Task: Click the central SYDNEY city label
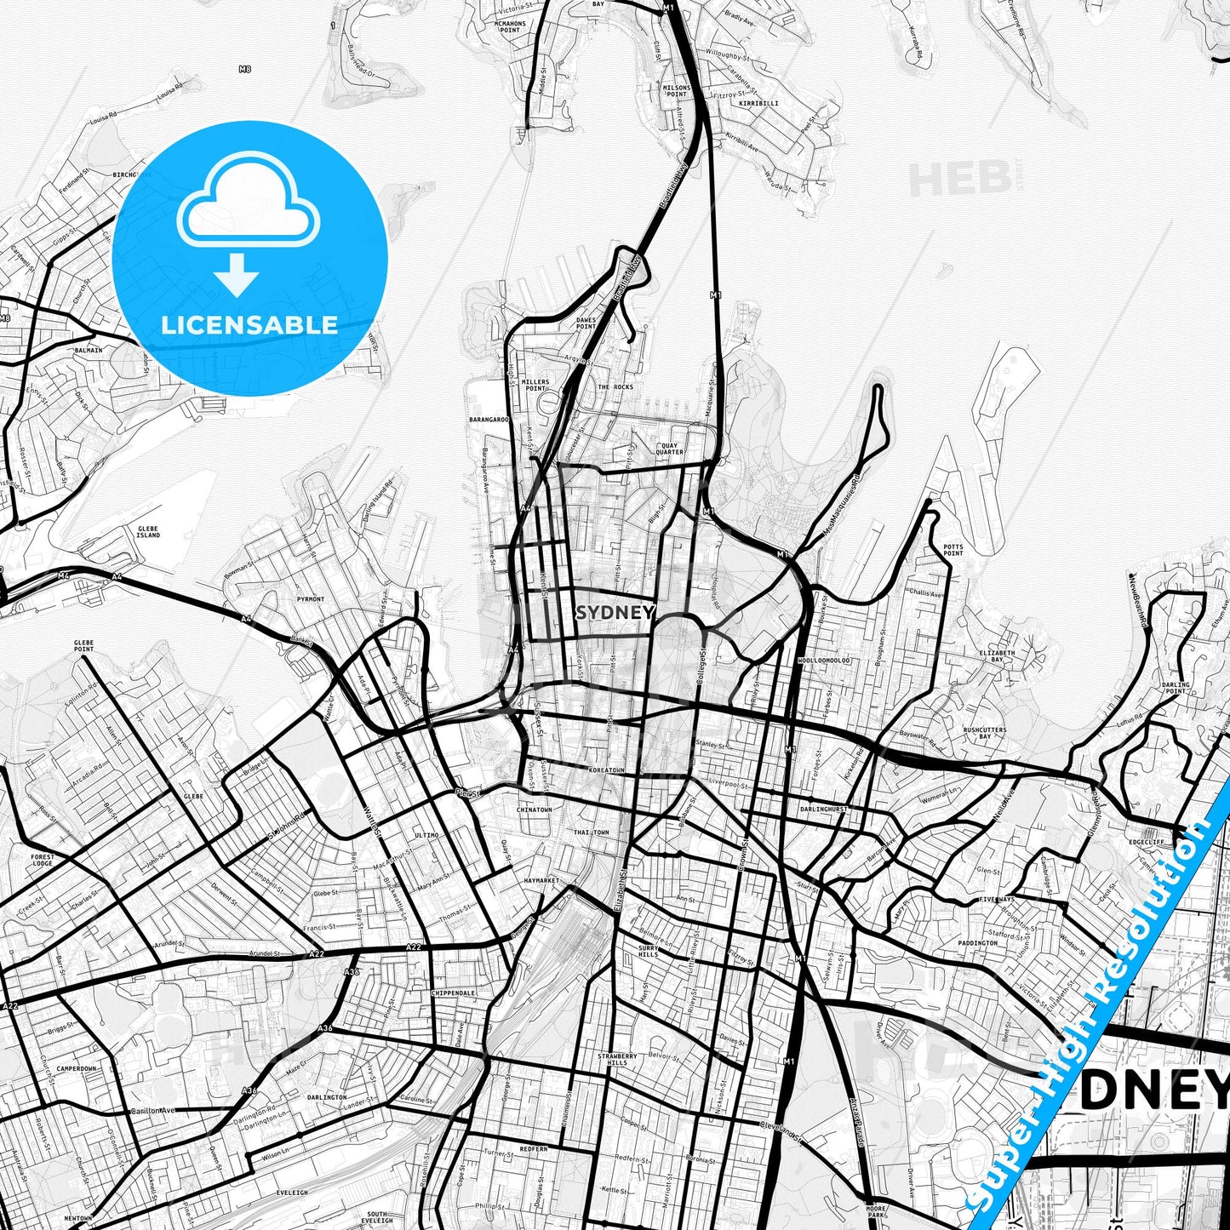[x=615, y=613]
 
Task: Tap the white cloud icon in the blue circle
[x=248, y=199]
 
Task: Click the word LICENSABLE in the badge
[x=249, y=325]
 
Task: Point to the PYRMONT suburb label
[x=311, y=599]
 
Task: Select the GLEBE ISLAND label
[x=148, y=532]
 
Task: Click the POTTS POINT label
[x=953, y=550]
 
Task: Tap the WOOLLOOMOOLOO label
[x=824, y=661]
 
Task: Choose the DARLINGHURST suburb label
[x=824, y=810]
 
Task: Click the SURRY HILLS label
[x=649, y=951]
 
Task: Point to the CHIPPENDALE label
[x=453, y=993]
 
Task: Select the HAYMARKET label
[x=541, y=880]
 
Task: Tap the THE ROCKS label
[x=615, y=387]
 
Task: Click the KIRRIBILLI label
[x=758, y=103]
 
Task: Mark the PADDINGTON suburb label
[x=977, y=943]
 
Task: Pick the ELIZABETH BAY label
[x=997, y=656]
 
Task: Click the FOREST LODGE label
[x=42, y=860]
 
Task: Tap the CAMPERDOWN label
[x=77, y=1069]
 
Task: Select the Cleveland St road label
[x=782, y=1128]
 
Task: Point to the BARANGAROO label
[x=489, y=420]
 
